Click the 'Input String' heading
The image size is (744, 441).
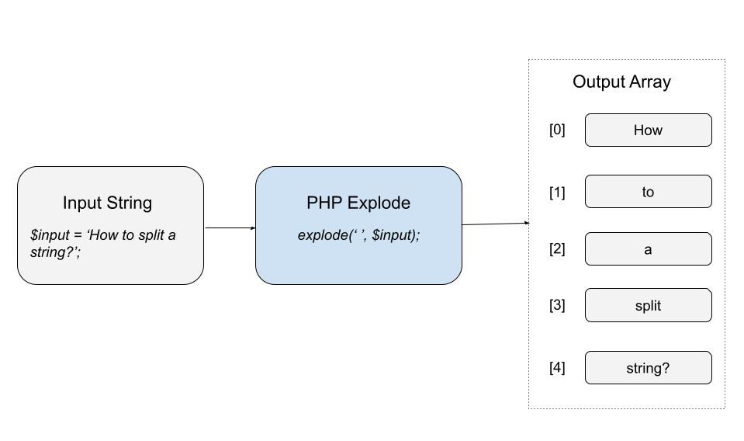(107, 203)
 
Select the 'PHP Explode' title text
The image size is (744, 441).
(358, 203)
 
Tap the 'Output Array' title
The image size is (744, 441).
(621, 82)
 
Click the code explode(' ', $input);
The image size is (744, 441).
(358, 234)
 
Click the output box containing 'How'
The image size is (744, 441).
(648, 130)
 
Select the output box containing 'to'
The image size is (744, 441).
(648, 192)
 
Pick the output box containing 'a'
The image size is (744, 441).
(648, 249)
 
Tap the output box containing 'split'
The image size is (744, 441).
(648, 305)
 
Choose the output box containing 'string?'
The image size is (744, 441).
(648, 368)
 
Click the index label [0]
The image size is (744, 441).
(557, 130)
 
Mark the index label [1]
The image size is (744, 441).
(557, 193)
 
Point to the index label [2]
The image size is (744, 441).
(557, 249)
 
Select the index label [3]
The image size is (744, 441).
(557, 305)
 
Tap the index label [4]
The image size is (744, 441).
(557, 368)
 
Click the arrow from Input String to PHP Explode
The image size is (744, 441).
(230, 228)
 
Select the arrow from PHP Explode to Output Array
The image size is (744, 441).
(495, 224)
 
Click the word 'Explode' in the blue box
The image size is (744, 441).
(379, 203)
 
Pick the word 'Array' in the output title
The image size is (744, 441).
(650, 82)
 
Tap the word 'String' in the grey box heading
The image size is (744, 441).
(128, 203)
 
